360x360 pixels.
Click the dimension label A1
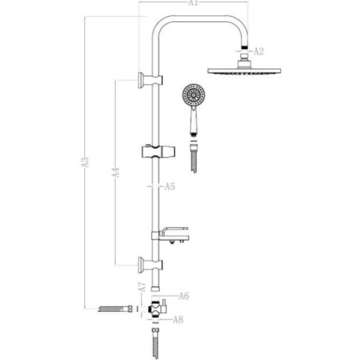[x=193, y=2]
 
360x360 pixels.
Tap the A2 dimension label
[x=259, y=51]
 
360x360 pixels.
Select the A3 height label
[x=86, y=162]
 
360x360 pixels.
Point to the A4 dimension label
[x=116, y=172]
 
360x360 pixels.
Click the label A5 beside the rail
[x=170, y=186]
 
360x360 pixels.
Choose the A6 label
[x=184, y=296]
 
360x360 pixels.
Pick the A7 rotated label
[x=142, y=287]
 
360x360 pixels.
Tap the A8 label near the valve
[x=178, y=319]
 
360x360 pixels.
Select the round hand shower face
[x=194, y=95]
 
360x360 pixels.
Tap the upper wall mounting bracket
[x=150, y=80]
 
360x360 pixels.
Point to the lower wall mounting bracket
[x=150, y=265]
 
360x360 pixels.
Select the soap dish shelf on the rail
[x=171, y=235]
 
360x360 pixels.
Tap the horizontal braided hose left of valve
[x=116, y=309]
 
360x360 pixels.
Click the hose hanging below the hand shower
[x=194, y=159]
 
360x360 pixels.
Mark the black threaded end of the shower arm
[x=245, y=47]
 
